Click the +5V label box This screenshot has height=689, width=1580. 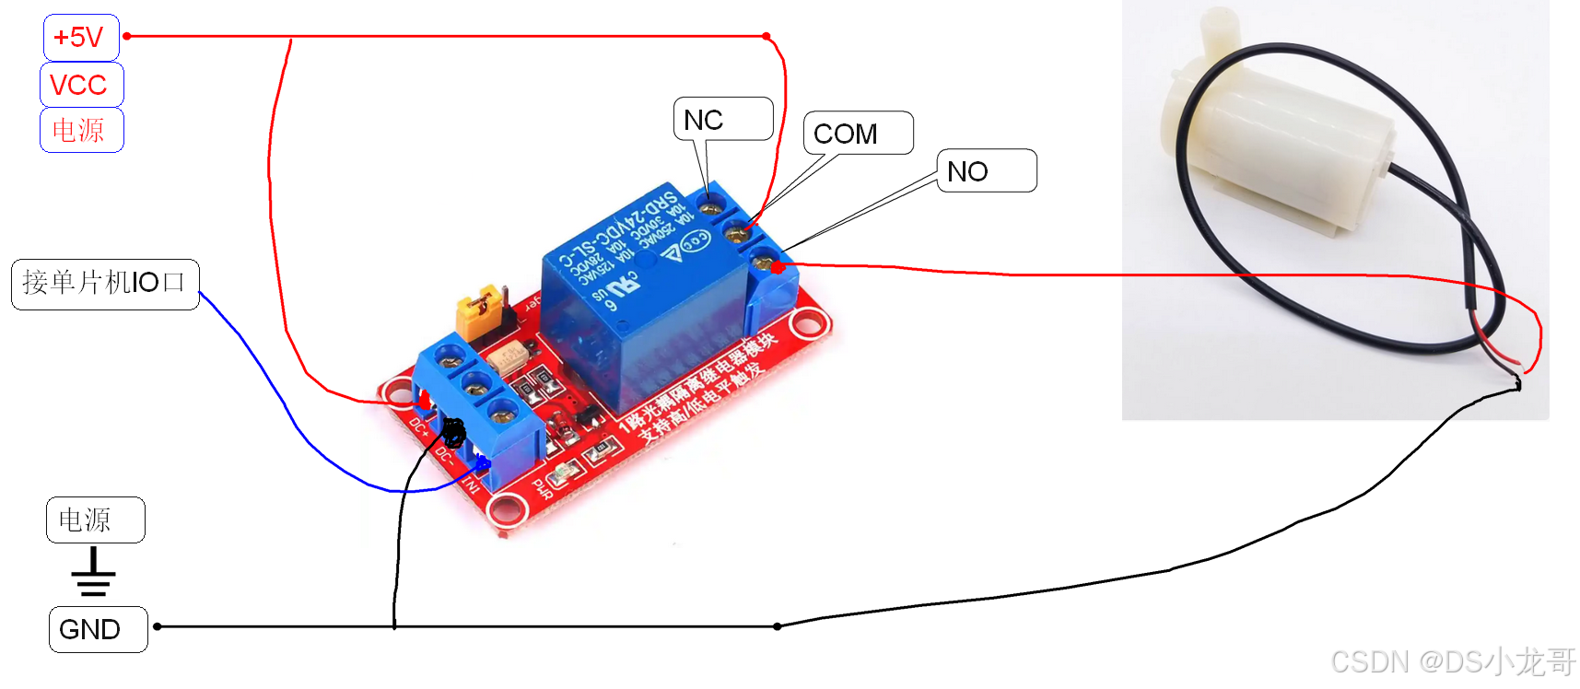tap(81, 38)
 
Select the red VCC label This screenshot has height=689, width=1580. tap(81, 85)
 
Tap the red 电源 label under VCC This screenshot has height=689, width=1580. tap(81, 130)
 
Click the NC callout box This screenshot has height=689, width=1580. tap(723, 119)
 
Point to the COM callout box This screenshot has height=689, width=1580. tap(858, 134)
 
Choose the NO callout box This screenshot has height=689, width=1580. tap(986, 170)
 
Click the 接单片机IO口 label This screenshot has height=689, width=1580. tap(105, 284)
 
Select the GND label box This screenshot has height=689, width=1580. tap(98, 629)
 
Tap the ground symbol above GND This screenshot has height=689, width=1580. tap(93, 572)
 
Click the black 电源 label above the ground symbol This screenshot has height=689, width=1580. tap(95, 520)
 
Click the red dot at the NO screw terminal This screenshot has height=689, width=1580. tap(778, 267)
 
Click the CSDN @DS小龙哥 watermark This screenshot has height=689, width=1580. tap(1453, 661)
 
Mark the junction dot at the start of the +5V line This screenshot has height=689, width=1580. tap(127, 37)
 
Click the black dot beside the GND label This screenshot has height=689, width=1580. tap(158, 626)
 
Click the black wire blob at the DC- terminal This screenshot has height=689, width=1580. tap(453, 429)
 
